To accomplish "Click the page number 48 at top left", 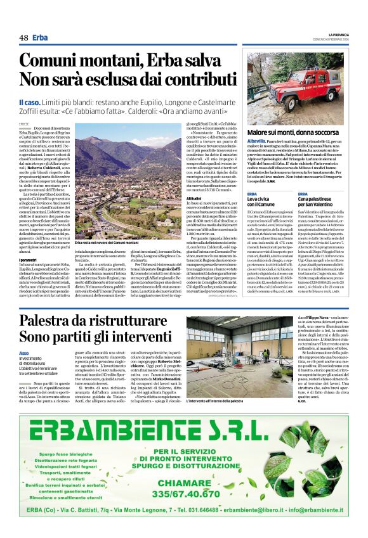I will coord(23,38).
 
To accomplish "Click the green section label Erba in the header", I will coord(41,38).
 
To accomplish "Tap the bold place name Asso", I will coord(23,353).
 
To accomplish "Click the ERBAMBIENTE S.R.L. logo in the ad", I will coord(183,432).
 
